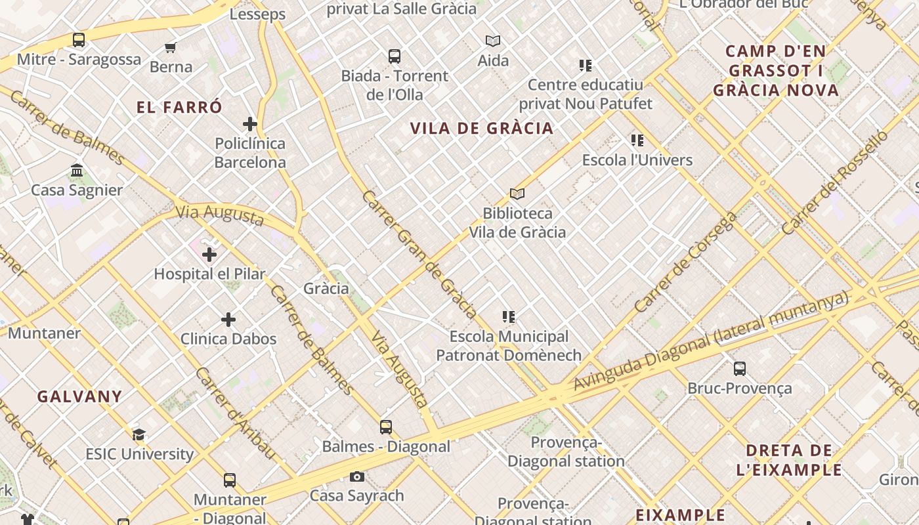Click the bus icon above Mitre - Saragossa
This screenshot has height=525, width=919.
tap(79, 40)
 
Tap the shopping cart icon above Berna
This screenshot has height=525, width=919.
tap(171, 47)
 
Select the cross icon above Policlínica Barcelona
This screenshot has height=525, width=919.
tap(250, 124)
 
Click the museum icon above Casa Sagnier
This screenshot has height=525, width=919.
tap(77, 171)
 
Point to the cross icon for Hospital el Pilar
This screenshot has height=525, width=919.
tap(209, 255)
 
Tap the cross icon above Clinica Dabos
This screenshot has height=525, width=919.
tap(228, 320)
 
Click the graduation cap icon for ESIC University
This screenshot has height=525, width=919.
tap(139, 434)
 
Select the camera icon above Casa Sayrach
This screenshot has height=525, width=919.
tap(357, 476)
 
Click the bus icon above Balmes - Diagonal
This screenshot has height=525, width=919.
tap(386, 427)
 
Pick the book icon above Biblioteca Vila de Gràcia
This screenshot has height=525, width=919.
tap(517, 194)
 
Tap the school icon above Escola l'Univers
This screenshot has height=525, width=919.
tap(637, 140)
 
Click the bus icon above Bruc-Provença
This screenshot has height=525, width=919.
tap(740, 369)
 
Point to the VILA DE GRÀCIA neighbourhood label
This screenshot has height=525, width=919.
tap(482, 128)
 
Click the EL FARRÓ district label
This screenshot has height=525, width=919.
tap(180, 108)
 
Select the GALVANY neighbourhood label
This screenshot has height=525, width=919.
tap(79, 396)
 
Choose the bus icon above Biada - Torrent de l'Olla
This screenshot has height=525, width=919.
tap(395, 56)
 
